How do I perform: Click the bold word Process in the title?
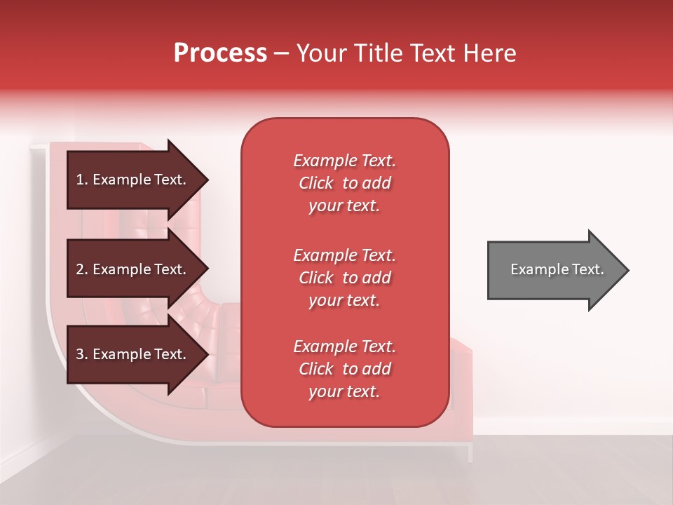click(220, 53)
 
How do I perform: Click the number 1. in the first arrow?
click(81, 180)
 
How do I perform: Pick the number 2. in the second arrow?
click(81, 269)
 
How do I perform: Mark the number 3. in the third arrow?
click(81, 354)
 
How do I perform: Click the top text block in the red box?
click(344, 183)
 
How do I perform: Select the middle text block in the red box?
click(344, 278)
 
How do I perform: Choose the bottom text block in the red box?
click(344, 369)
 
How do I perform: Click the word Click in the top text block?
click(315, 184)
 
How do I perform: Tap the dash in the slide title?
click(281, 54)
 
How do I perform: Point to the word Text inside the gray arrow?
click(590, 269)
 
